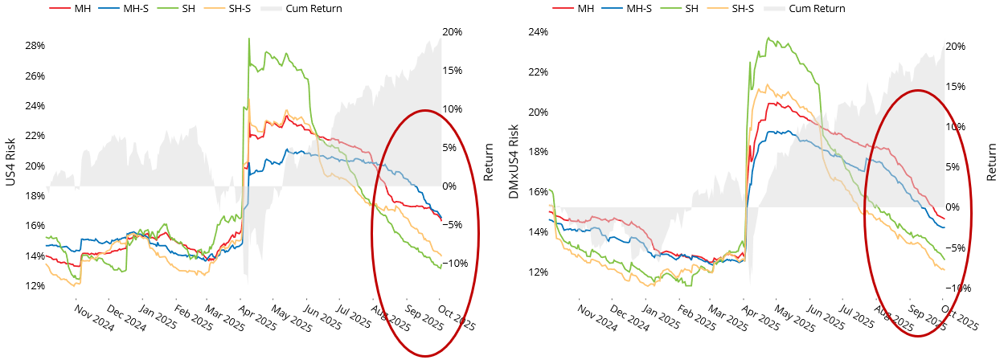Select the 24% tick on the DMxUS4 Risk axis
point(537,32)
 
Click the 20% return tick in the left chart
point(452,32)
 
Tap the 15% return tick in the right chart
point(955,87)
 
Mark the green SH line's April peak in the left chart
point(249,39)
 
